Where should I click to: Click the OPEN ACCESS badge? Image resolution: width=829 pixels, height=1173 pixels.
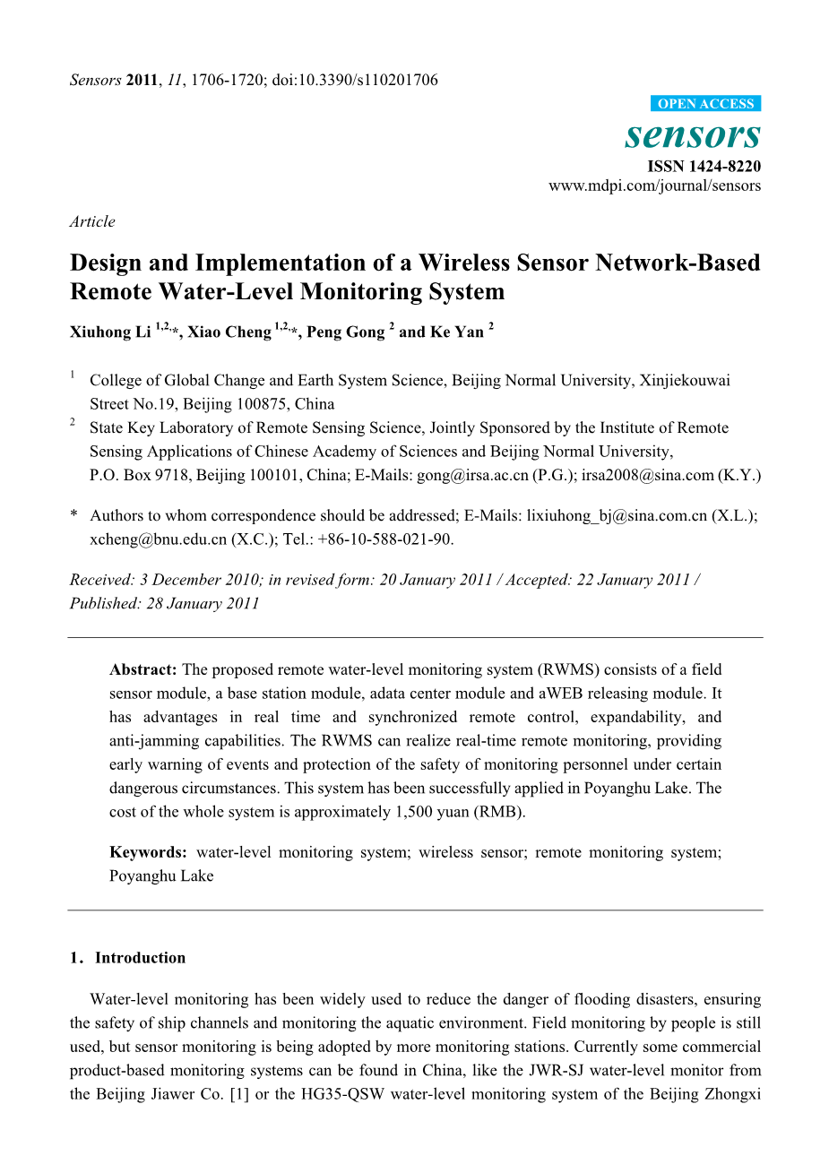click(x=705, y=104)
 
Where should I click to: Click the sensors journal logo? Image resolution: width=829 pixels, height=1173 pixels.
click(x=693, y=135)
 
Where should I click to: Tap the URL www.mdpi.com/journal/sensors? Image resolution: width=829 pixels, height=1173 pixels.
click(x=654, y=186)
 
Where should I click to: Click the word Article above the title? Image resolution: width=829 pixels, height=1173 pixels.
click(x=92, y=221)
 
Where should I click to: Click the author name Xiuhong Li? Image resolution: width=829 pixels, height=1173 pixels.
click(x=110, y=332)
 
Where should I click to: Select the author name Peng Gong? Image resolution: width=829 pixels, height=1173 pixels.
click(x=345, y=332)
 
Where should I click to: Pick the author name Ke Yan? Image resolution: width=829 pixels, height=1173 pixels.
click(x=456, y=332)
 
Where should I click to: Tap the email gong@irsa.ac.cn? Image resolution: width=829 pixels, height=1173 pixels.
click(x=472, y=475)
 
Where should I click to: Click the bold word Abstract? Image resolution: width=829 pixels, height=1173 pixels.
click(x=142, y=669)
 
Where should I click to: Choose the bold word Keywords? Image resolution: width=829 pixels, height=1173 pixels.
click(x=148, y=852)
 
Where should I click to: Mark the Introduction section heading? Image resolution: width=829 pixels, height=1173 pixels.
click(x=140, y=958)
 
